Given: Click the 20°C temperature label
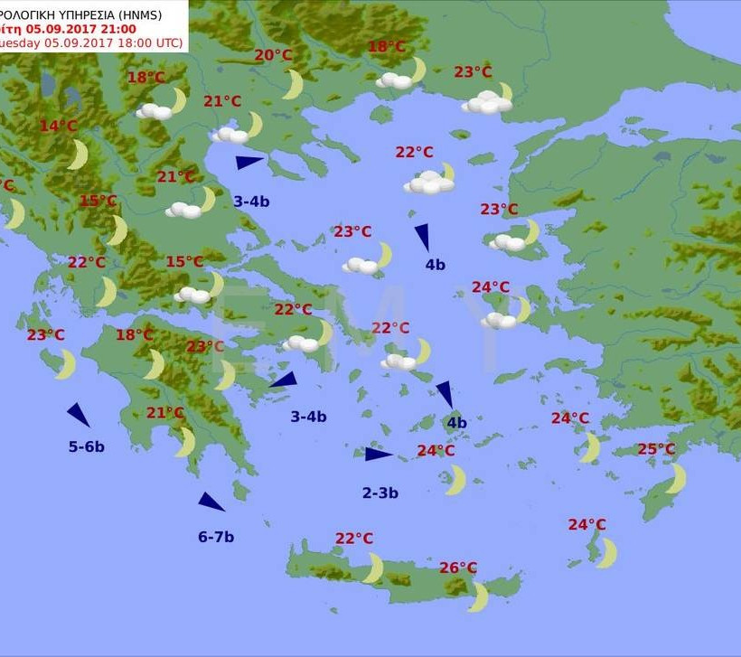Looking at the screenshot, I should click(273, 56).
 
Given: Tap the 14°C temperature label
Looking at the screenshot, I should click(59, 127).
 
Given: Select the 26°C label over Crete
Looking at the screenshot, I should click(458, 568).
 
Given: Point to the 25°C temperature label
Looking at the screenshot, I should click(656, 449).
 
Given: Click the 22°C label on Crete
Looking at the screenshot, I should click(354, 539).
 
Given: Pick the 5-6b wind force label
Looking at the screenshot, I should click(87, 446).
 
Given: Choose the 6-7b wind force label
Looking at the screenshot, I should click(216, 537).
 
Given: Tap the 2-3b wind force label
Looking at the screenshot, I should click(380, 493).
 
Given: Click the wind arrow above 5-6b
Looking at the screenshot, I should click(79, 415).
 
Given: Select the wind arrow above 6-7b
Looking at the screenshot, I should click(211, 502).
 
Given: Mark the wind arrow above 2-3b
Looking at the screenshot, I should click(379, 454).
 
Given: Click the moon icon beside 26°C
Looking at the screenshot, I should click(478, 597).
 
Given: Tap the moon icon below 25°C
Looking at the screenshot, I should click(677, 478).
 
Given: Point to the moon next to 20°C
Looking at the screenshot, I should click(293, 85).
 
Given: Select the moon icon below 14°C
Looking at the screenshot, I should click(79, 155).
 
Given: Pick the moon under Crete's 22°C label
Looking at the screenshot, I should click(373, 568).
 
